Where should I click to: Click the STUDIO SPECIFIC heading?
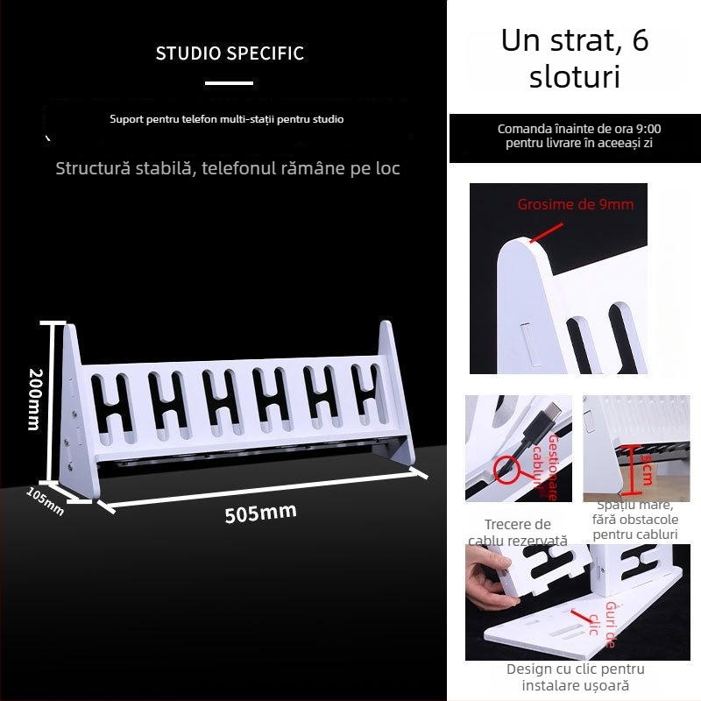[x=230, y=53]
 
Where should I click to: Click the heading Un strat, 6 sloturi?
[x=575, y=58]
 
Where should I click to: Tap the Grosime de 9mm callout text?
[x=575, y=204]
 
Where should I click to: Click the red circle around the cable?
[x=504, y=471]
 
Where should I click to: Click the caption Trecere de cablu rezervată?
[x=517, y=533]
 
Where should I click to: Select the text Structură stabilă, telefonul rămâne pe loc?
[x=228, y=168]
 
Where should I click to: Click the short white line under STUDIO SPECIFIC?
[x=229, y=84]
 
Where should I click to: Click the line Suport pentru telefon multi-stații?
[x=227, y=118]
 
